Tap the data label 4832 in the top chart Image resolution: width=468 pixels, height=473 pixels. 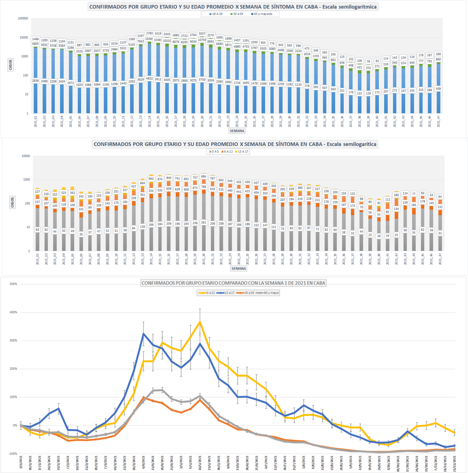click(149, 79)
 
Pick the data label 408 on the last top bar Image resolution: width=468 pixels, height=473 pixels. click(438, 89)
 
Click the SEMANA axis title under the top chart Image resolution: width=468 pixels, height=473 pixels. click(238, 131)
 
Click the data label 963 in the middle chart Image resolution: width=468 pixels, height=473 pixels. click(150, 179)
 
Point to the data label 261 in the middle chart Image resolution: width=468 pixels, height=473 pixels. click(204, 222)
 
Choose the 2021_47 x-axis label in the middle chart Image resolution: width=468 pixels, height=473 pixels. click(440, 260)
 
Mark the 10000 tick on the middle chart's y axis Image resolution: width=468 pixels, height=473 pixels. click(25, 156)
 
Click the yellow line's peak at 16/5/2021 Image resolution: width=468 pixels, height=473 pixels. click(200, 322)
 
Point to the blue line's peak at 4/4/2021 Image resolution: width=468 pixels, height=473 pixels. click(143, 334)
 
